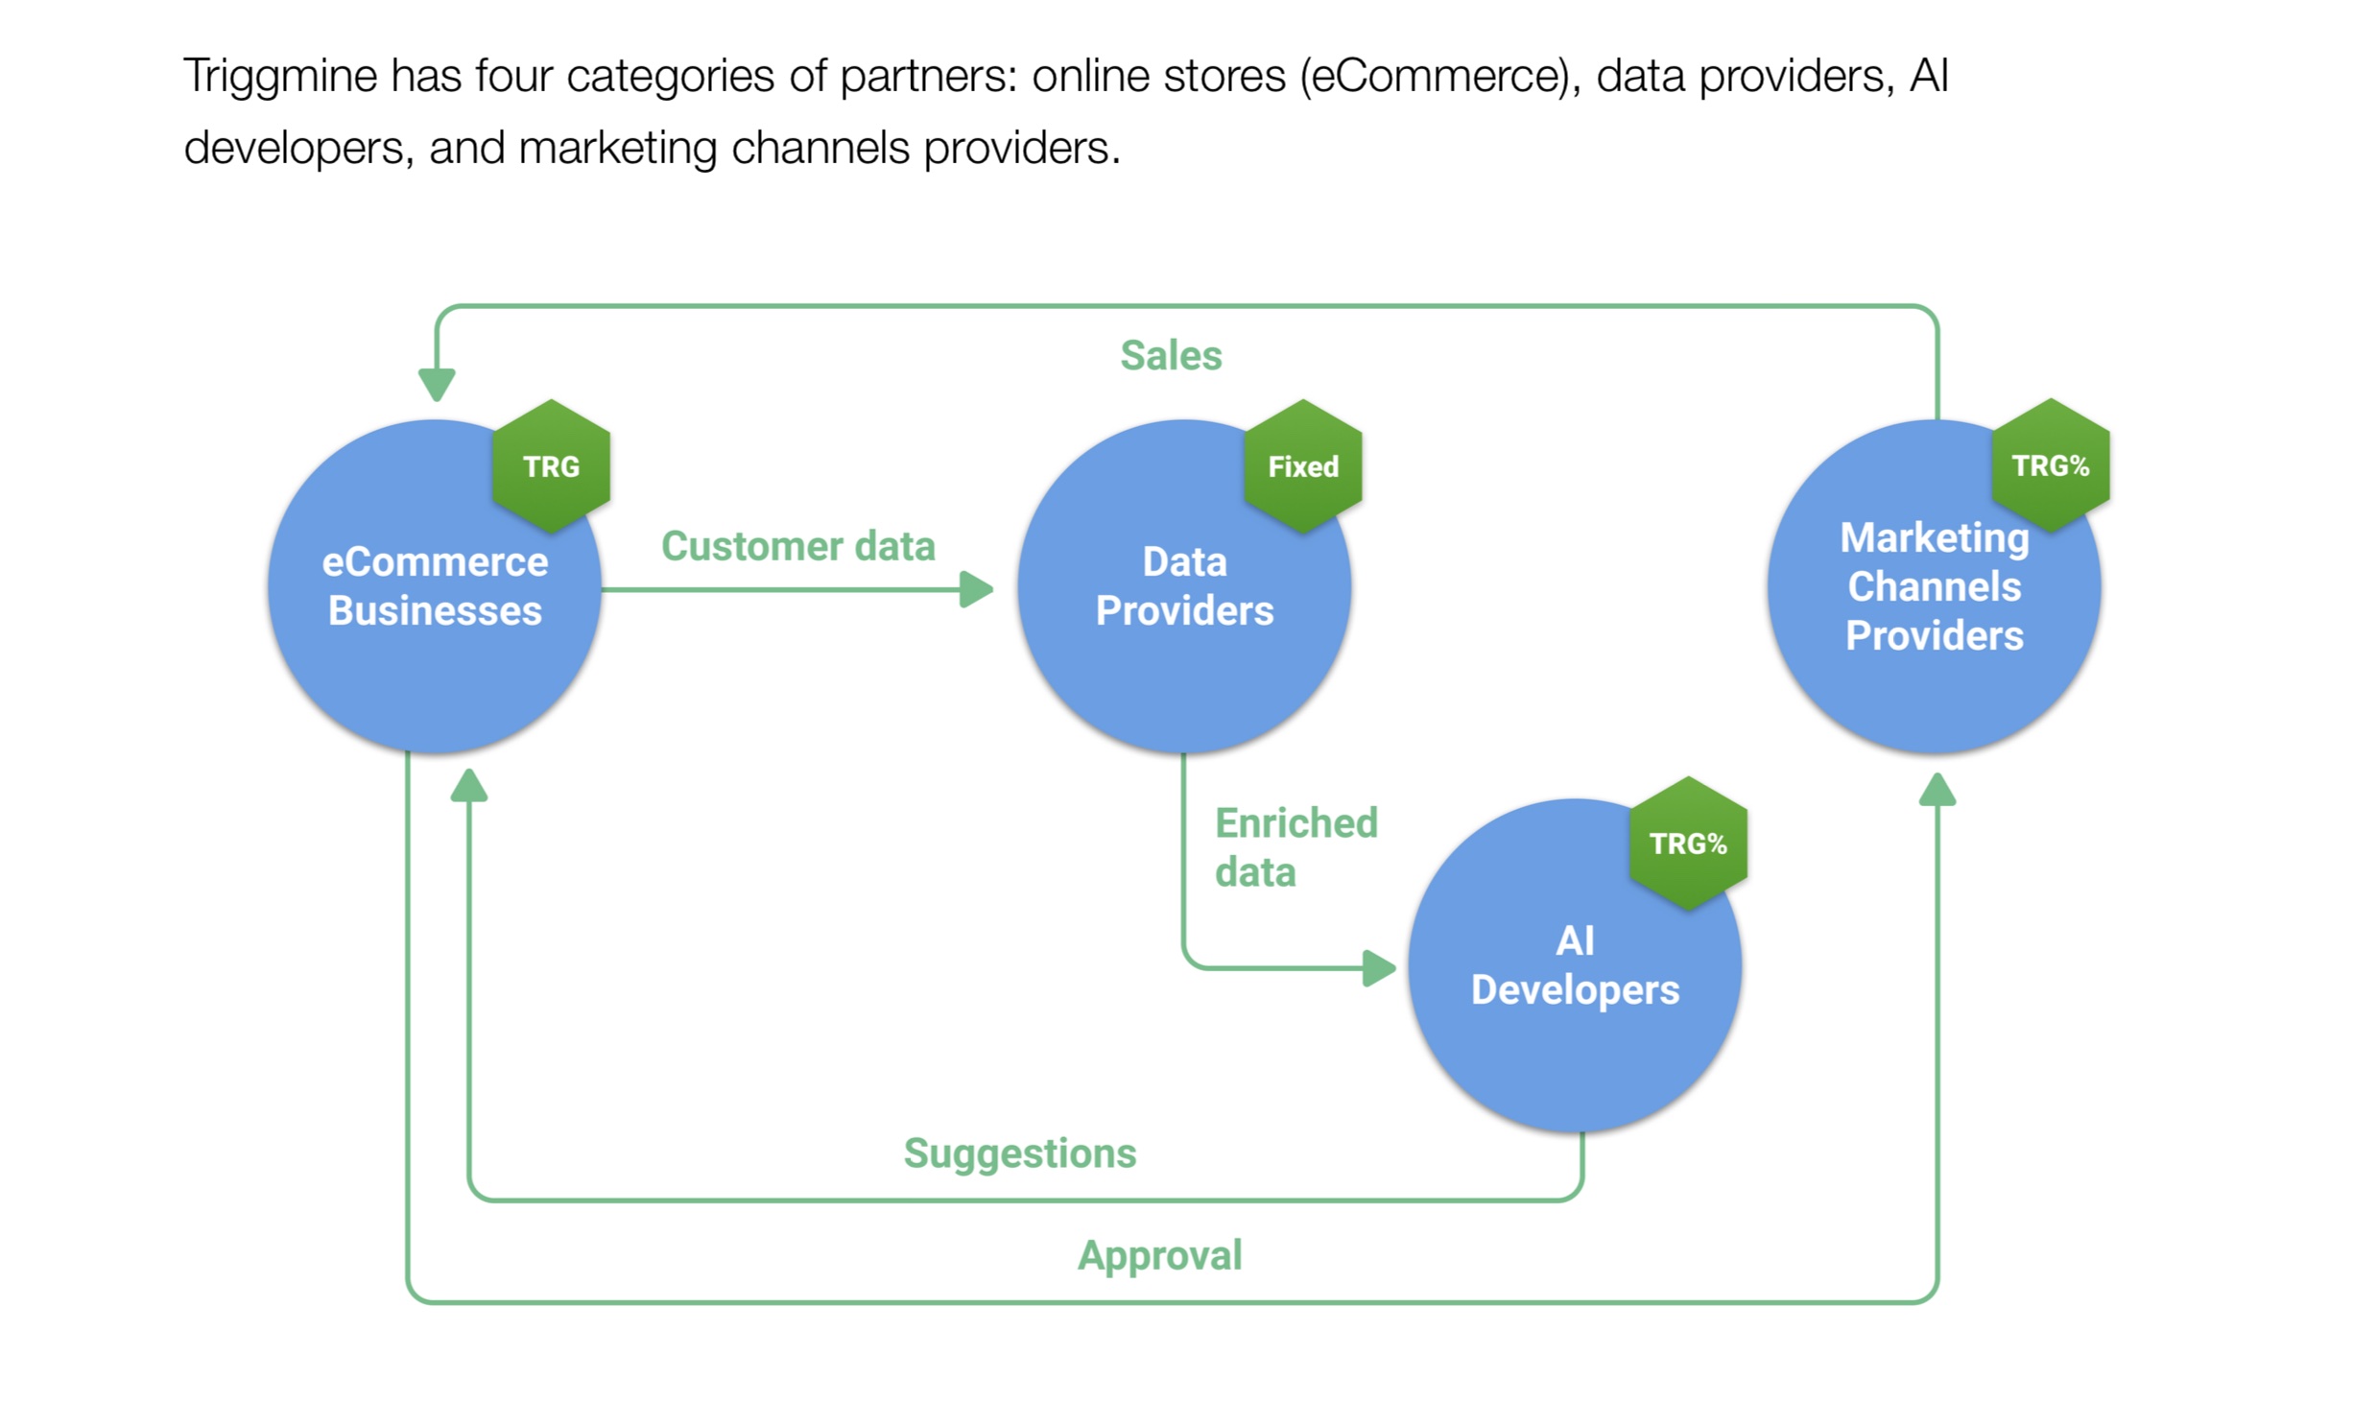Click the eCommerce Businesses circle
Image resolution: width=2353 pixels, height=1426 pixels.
(435, 586)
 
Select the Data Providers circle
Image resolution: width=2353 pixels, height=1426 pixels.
(1185, 586)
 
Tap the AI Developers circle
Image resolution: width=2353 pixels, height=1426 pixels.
(1576, 965)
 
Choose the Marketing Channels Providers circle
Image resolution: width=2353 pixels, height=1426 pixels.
(1936, 586)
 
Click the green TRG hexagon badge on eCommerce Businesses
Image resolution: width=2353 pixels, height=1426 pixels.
(552, 466)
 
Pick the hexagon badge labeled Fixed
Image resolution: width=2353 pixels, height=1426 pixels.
(1303, 466)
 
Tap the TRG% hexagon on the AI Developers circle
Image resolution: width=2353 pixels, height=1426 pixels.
(1689, 844)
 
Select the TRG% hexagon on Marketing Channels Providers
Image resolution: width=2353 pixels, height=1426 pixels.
(2052, 465)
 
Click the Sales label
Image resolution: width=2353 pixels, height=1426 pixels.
(1172, 355)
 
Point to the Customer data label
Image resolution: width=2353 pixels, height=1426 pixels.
(798, 546)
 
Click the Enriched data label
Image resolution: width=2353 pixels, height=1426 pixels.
(1296, 847)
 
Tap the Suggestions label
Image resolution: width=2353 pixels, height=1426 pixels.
(1020, 1153)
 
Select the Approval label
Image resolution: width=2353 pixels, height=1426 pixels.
(1160, 1255)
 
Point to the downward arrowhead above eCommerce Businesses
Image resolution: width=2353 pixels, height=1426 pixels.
(437, 386)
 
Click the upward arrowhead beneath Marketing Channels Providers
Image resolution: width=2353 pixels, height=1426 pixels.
(1937, 790)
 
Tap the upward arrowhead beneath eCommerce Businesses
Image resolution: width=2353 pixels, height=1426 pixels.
(469, 785)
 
